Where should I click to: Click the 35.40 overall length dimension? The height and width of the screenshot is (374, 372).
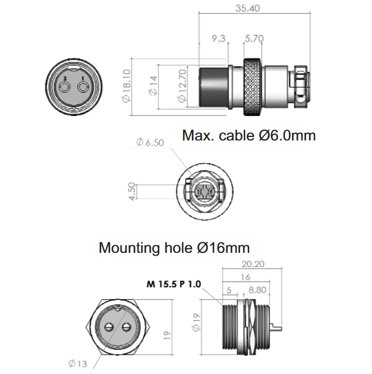(247, 8)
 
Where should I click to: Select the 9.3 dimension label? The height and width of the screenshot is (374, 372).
(219, 39)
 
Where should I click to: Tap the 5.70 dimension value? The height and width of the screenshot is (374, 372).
(254, 39)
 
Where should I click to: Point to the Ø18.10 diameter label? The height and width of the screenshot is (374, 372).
(126, 86)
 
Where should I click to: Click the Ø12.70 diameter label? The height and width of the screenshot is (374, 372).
(182, 86)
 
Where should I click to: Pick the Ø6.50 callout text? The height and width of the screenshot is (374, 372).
(150, 142)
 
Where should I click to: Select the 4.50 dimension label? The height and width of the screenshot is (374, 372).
(132, 191)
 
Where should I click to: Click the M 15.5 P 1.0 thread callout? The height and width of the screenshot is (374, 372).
(174, 284)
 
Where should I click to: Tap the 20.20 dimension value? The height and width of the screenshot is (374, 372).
(253, 264)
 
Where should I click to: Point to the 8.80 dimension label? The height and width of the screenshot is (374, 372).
(257, 290)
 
